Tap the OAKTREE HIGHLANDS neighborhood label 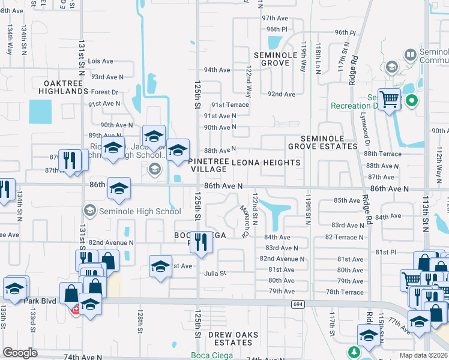pos(63,86)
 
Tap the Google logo pos(20,352)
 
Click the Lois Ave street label pos(100,61)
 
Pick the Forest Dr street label pos(105,92)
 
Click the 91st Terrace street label pos(229,104)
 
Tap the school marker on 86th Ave pos(119,189)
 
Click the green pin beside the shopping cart pos(412,100)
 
